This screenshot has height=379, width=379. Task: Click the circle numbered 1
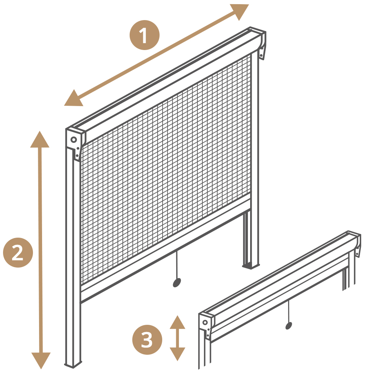144,35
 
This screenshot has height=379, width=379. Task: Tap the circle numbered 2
18,252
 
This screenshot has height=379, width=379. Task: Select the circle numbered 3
147,340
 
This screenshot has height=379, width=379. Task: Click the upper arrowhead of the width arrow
241,11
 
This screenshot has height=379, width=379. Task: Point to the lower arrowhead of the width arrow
73,99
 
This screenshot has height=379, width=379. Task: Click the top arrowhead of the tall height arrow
40,140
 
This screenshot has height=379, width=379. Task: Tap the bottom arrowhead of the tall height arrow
41,360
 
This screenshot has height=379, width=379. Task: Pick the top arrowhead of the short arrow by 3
177,323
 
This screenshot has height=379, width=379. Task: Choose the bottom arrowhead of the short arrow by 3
177,354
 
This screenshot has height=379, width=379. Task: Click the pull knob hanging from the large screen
177,283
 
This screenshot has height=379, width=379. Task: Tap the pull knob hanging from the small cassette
288,326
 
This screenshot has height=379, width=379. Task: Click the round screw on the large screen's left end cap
74,140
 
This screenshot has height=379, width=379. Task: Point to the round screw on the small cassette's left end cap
205,323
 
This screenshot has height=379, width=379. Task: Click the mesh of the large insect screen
166,169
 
